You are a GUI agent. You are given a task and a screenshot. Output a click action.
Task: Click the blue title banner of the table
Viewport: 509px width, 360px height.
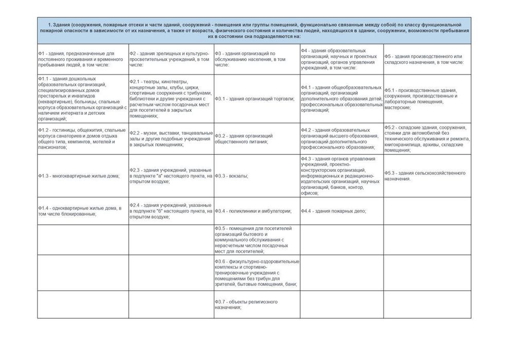click(254, 30)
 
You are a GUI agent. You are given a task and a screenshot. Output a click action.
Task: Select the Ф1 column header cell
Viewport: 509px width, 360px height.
click(82, 59)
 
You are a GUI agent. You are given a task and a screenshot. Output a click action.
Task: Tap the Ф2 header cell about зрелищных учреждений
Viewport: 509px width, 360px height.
click(171, 59)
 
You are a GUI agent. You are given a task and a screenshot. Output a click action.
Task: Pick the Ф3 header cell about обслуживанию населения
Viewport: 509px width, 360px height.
click(257, 59)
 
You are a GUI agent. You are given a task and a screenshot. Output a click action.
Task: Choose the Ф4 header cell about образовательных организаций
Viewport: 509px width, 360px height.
click(341, 59)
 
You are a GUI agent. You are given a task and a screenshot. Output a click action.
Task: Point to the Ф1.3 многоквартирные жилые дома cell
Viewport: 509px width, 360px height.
click(82, 176)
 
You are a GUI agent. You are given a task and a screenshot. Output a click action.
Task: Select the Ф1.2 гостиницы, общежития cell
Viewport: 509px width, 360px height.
click(82, 138)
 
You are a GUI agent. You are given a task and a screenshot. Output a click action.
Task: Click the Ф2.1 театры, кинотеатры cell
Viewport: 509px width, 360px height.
click(171, 99)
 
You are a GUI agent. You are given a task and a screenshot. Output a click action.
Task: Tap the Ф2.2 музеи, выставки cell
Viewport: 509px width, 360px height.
click(171, 138)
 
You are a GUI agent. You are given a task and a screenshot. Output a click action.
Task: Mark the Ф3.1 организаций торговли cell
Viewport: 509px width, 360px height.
click(257, 99)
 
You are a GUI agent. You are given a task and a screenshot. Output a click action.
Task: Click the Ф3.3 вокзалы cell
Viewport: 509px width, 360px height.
click(257, 176)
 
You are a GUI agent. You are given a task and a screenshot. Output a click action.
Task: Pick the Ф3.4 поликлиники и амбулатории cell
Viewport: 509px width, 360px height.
click(257, 211)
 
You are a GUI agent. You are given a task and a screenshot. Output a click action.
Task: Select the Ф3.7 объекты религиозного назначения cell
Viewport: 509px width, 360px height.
click(257, 304)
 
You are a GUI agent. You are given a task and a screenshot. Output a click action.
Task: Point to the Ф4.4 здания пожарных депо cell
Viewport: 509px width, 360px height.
click(341, 211)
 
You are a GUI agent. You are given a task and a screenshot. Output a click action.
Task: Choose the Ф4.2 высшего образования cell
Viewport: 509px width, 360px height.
click(341, 138)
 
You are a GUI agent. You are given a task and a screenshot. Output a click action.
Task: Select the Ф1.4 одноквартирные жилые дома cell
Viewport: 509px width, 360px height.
click(82, 211)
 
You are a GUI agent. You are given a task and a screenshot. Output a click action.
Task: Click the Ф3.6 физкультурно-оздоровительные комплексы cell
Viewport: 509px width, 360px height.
click(257, 273)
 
